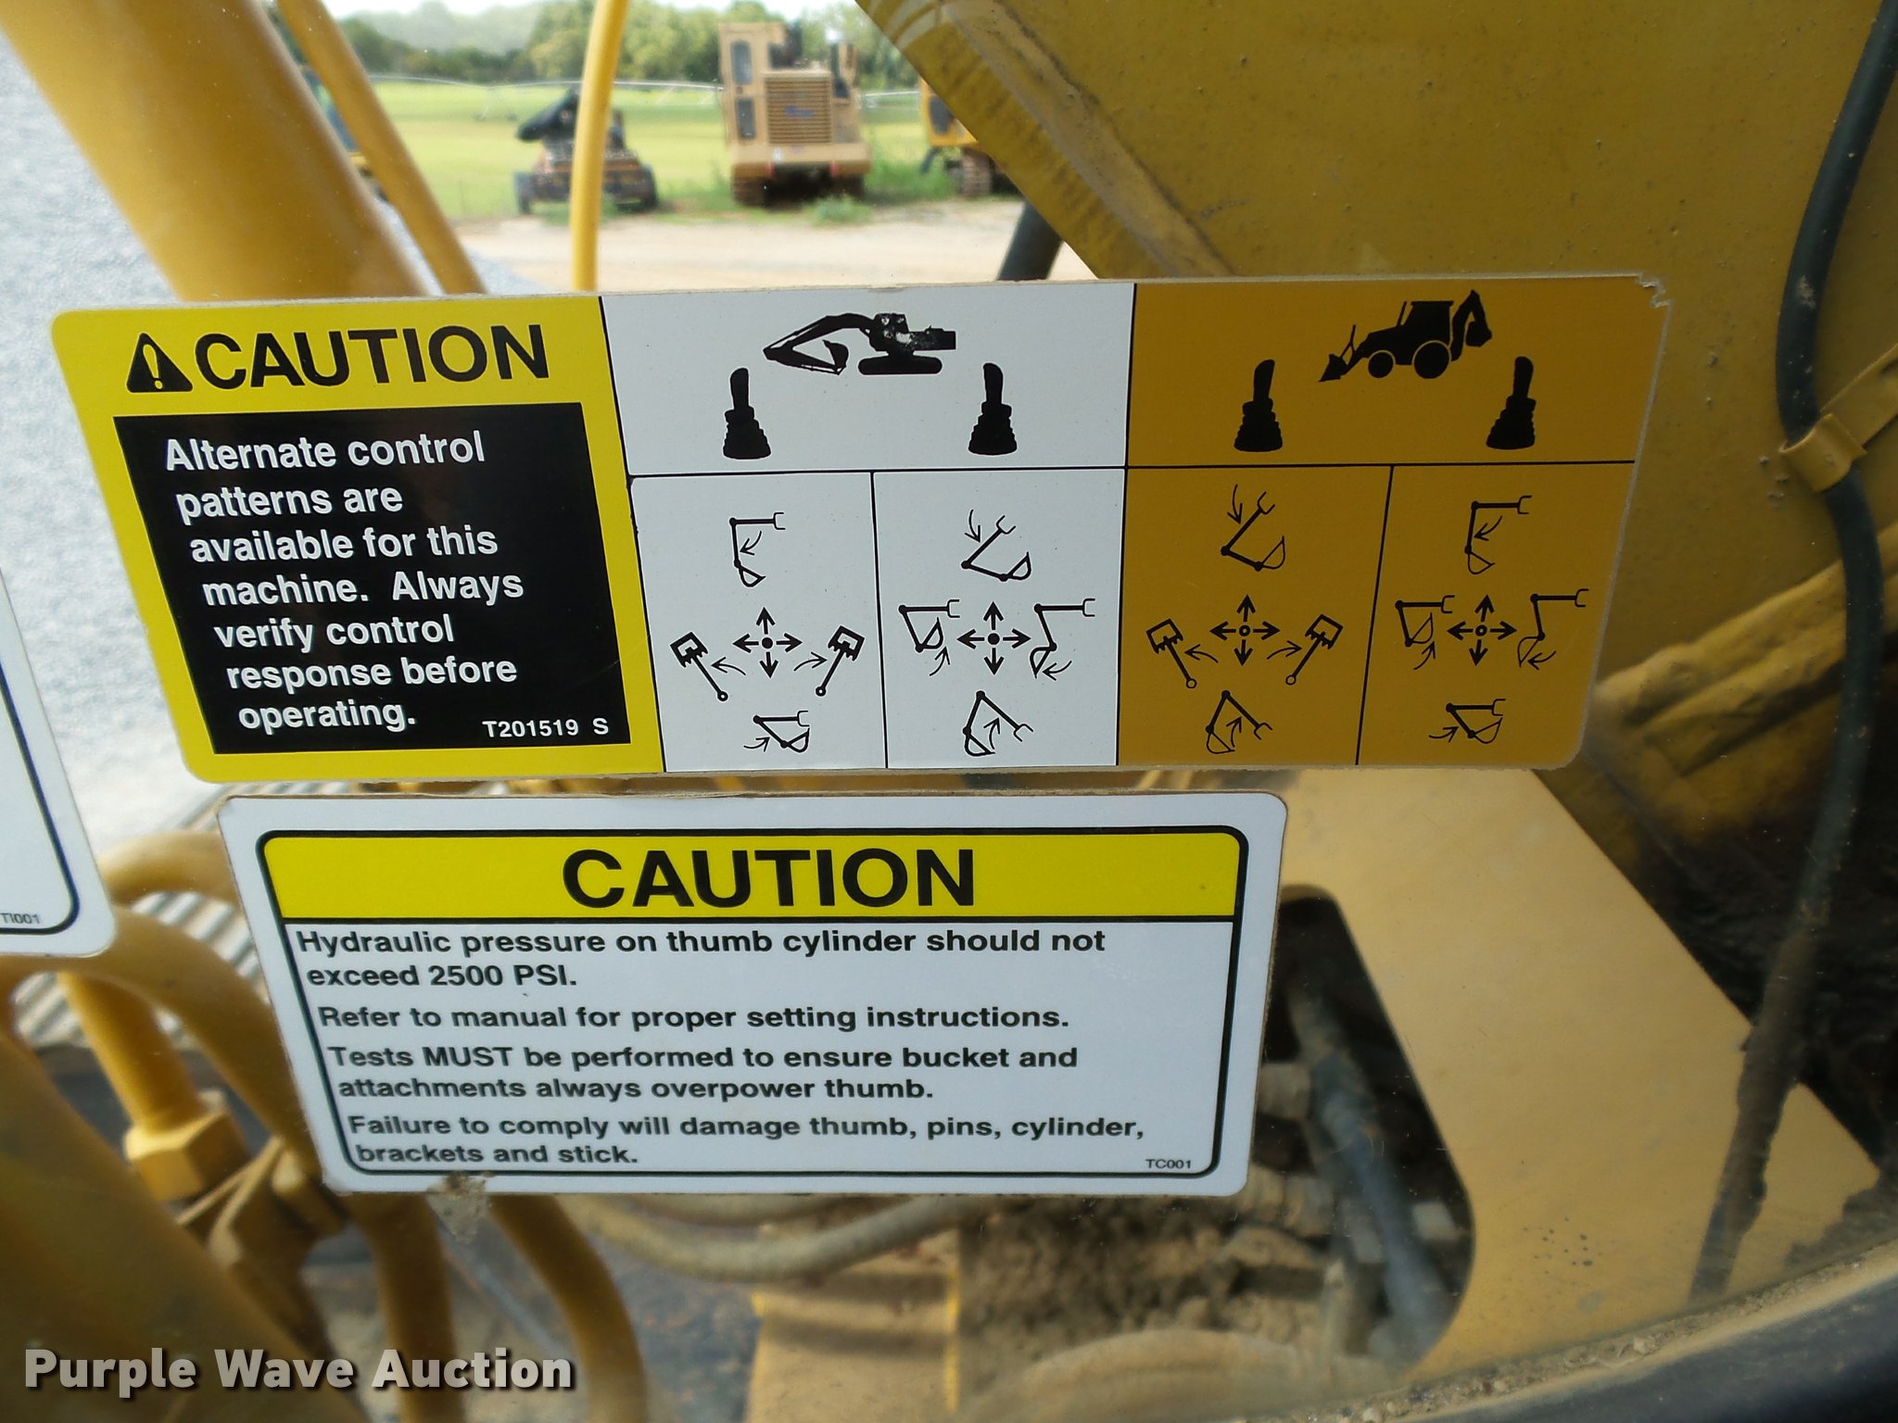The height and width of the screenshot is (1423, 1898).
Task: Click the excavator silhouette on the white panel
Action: tap(859, 343)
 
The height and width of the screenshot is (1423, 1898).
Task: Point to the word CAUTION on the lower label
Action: tap(768, 877)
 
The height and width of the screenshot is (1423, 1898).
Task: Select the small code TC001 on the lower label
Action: tap(1169, 1164)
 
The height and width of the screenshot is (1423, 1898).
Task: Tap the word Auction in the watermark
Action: tap(474, 1370)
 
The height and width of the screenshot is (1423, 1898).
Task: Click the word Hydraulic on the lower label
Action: tap(375, 943)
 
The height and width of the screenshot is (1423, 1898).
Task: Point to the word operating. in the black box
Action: tap(324, 714)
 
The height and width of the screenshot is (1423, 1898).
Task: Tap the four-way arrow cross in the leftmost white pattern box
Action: tap(767, 641)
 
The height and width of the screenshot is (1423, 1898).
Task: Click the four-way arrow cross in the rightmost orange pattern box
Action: tap(1480, 630)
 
